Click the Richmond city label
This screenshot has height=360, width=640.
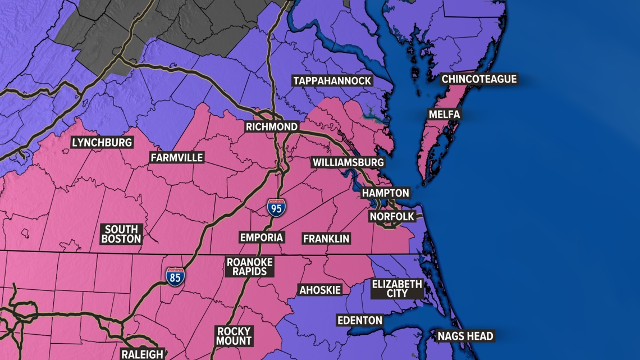coord(272,126)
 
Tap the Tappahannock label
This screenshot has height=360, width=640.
coord(332,81)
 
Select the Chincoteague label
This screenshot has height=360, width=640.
coord(479,79)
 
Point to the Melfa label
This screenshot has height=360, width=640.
coord(444,115)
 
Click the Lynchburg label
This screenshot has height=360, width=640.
coord(102,143)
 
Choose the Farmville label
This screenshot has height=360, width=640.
coord(177,158)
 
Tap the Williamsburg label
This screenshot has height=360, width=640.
coord(348,162)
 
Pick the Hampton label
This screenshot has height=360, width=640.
coord(385,193)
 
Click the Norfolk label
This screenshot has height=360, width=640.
coord(392,216)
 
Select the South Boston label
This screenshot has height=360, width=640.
coord(121,234)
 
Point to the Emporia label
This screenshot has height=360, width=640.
coord(261,237)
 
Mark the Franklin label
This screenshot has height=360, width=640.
coord(326,239)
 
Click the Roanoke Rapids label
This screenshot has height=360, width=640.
coord(250,267)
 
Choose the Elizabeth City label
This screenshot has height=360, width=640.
coord(397,288)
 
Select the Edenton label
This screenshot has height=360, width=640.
coord(359,321)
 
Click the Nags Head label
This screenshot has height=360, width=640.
coord(465,336)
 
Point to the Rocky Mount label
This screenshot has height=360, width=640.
coord(234,336)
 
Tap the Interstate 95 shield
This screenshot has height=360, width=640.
coord(276,207)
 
